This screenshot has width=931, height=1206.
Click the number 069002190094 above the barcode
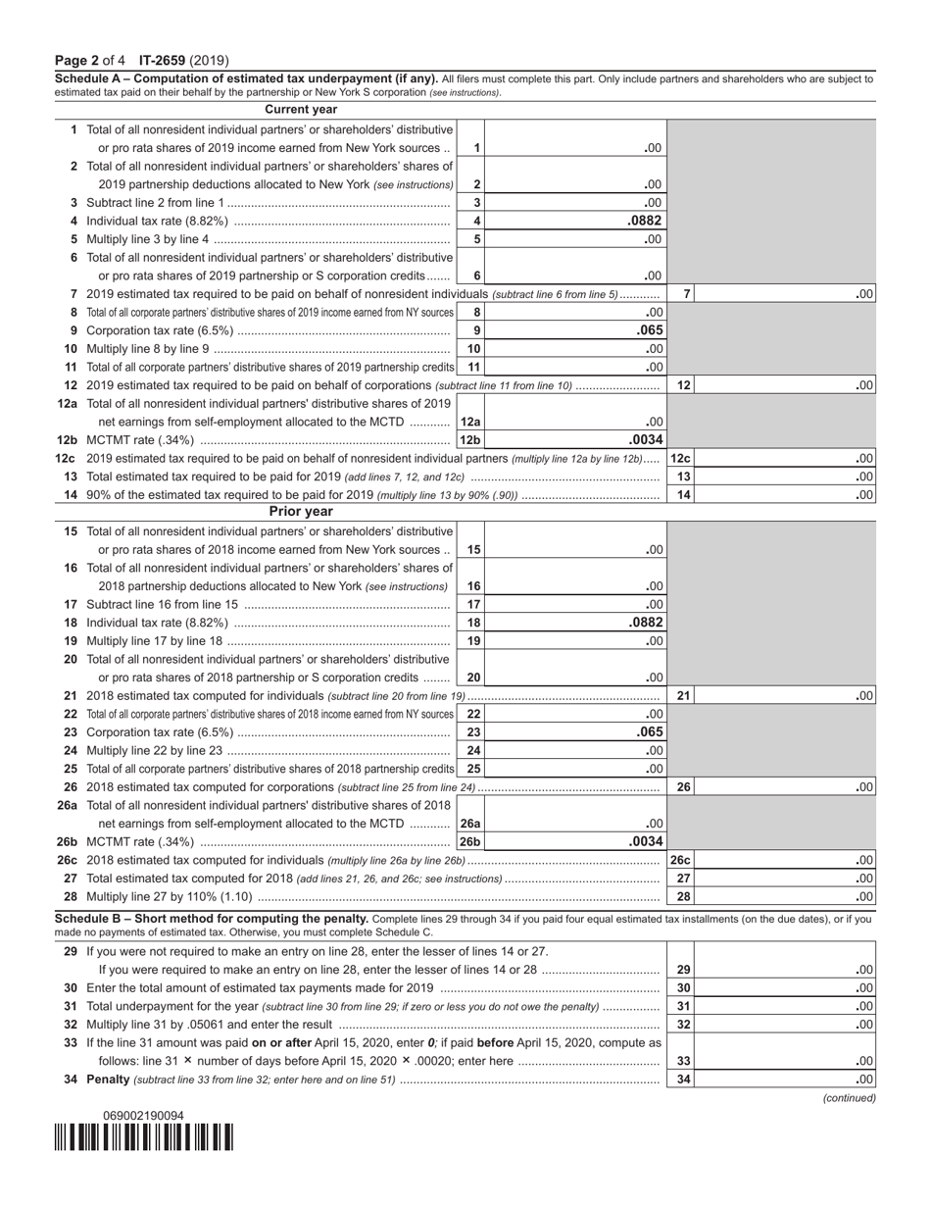[x=143, y=1116]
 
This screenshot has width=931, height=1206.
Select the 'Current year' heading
[x=301, y=110]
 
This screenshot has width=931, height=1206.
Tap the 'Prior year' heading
[x=301, y=512]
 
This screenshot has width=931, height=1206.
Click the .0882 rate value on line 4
[x=645, y=221]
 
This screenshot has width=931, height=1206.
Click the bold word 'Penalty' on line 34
[x=108, y=1080]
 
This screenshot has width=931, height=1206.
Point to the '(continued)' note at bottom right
[x=849, y=1098]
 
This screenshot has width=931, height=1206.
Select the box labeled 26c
[x=680, y=860]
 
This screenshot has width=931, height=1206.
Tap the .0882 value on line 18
[x=645, y=623]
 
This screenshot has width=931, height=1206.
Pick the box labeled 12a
[x=470, y=423]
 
